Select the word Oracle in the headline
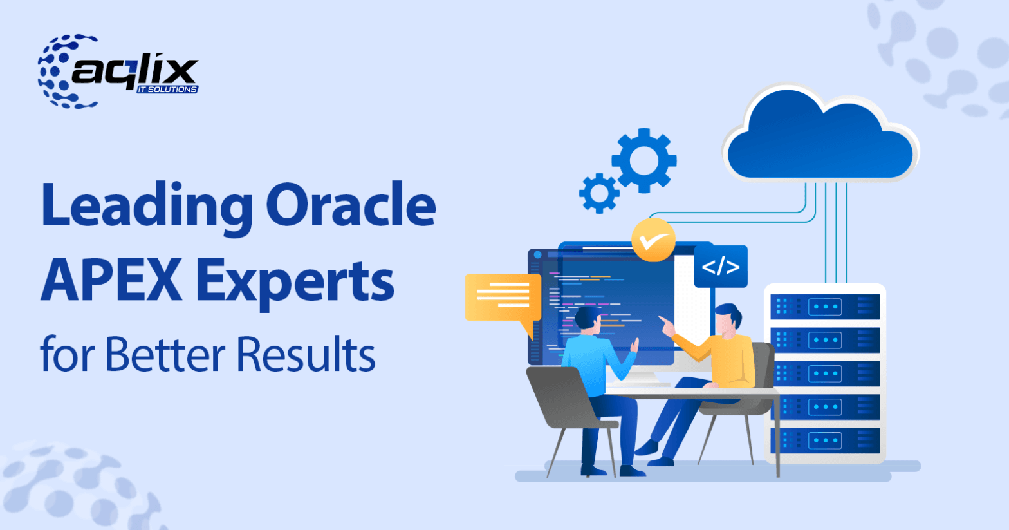pos(351,205)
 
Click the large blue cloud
pos(820,138)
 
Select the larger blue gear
pos(643,160)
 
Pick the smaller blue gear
pos(598,193)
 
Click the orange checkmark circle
pos(653,240)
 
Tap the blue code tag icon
pos(721,266)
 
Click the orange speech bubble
pos(502,298)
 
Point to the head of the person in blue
pos(588,319)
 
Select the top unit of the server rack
pos(824,306)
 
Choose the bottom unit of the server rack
pos(824,440)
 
